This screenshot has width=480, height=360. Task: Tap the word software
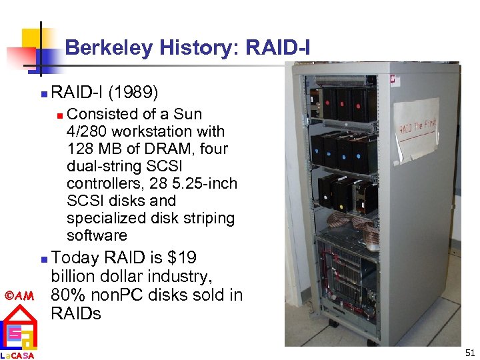pos(97,235)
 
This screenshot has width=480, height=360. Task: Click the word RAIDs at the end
pos(76,314)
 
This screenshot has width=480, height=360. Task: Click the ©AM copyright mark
pos(19,295)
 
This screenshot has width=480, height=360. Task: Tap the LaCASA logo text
pos(18,355)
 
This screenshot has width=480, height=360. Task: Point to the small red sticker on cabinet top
pos(395,79)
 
